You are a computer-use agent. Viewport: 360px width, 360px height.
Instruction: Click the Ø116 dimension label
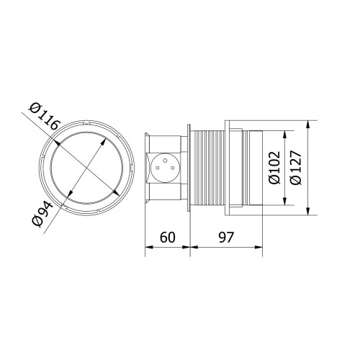click(43, 117)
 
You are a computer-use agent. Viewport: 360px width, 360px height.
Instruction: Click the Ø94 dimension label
click(42, 215)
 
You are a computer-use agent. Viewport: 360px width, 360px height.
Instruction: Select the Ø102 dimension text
click(274, 168)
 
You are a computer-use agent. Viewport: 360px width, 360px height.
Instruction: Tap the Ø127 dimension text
click(295, 168)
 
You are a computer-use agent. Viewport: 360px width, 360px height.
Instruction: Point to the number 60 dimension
click(168, 237)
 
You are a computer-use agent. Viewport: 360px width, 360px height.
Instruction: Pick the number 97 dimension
click(226, 237)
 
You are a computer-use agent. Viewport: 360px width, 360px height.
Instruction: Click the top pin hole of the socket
click(165, 160)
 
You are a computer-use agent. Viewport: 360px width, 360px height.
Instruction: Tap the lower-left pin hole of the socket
click(158, 168)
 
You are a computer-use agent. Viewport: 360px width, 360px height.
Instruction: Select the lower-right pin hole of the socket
click(172, 168)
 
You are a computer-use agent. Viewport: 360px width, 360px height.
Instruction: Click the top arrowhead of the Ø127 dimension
click(308, 125)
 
